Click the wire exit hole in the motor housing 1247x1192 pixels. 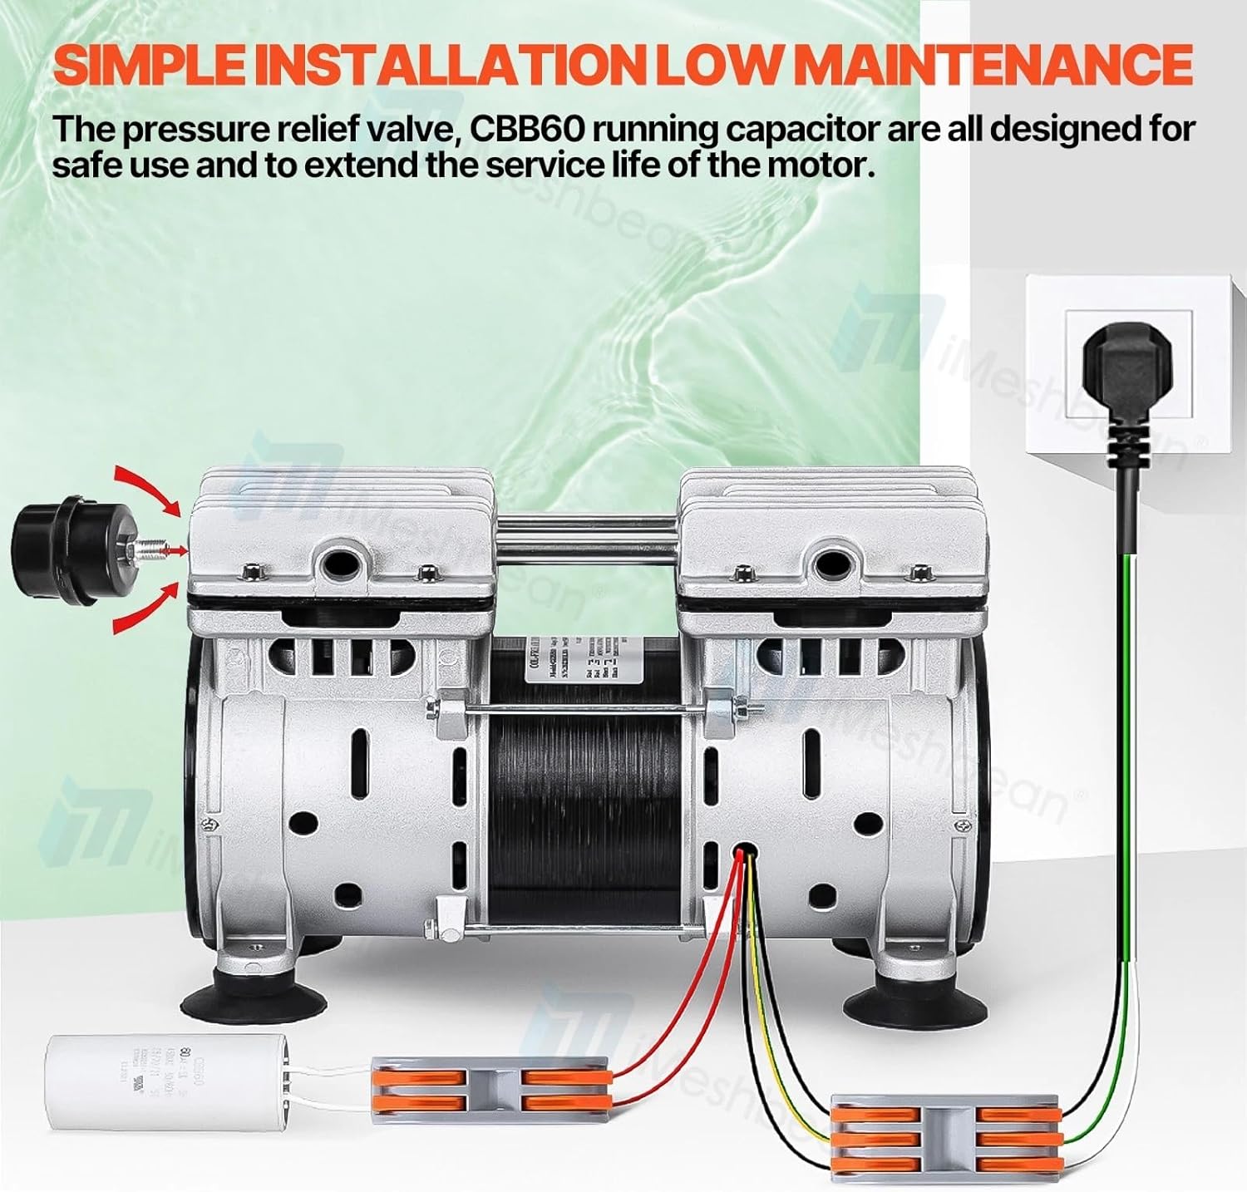coord(745,851)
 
